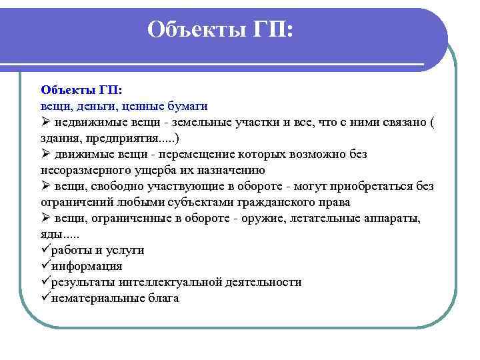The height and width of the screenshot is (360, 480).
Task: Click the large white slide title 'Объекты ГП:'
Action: [x=220, y=29]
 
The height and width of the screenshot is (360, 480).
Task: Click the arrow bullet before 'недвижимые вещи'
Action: [x=45, y=122]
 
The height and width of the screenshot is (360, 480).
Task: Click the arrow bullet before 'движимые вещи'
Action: [x=45, y=154]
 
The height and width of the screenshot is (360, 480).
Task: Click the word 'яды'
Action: [x=51, y=234]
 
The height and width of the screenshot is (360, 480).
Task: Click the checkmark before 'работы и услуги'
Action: [x=45, y=250]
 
